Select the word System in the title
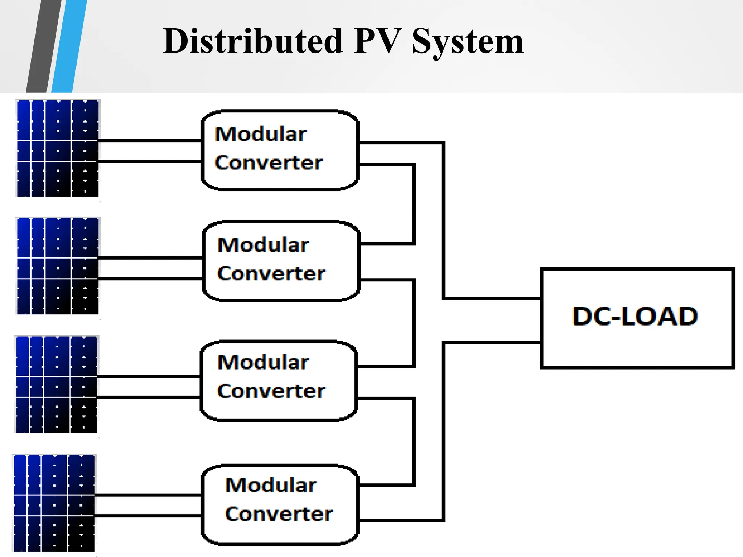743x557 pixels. (x=468, y=42)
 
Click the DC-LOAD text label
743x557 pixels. (x=635, y=316)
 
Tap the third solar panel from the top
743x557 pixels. (x=57, y=384)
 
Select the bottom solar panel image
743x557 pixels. (x=54, y=503)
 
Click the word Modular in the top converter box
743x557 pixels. (x=260, y=134)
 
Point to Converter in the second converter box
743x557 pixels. (x=271, y=273)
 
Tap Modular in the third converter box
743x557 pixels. (x=263, y=362)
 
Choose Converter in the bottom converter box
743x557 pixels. (x=279, y=514)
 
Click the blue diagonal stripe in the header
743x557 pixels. (x=69, y=46)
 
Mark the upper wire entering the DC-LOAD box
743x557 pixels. (x=492, y=298)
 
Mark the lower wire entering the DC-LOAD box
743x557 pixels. (x=492, y=342)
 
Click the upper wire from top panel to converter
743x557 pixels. (x=149, y=140)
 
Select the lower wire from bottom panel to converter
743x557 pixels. (x=148, y=515)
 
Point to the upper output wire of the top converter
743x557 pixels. (x=399, y=143)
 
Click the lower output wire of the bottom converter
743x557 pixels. (x=399, y=520)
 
